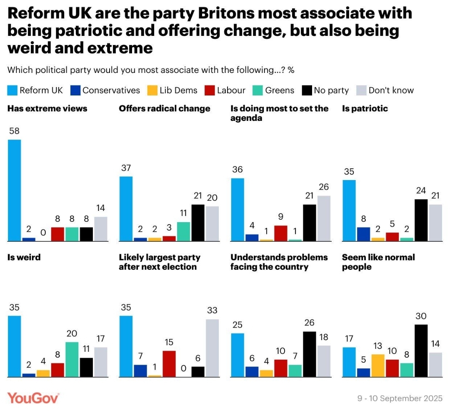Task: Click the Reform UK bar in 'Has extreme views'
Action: pyautogui.click(x=15, y=190)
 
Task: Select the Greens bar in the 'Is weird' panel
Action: pyautogui.click(x=72, y=359)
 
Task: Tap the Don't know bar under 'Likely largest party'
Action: pyautogui.click(x=212, y=348)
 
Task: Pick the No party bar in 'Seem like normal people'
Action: pyautogui.click(x=421, y=351)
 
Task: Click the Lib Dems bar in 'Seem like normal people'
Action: pyautogui.click(x=378, y=366)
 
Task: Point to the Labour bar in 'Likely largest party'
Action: pyautogui.click(x=169, y=363)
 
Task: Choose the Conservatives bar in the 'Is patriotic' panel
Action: pyautogui.click(x=363, y=234)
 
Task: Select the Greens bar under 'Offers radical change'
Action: pyautogui.click(x=183, y=231)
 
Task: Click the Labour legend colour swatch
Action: pyautogui.click(x=210, y=90)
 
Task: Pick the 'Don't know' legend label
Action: pyautogui.click(x=391, y=90)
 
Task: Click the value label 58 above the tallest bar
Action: pyautogui.click(x=14, y=131)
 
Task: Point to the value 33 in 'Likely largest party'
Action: pyautogui.click(x=212, y=311)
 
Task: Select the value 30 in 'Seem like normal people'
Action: pyautogui.click(x=421, y=316)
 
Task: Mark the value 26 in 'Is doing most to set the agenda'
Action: pyautogui.click(x=324, y=187)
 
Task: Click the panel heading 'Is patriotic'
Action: pyautogui.click(x=365, y=108)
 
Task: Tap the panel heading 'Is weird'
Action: pyautogui.click(x=24, y=257)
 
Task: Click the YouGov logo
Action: pyautogui.click(x=33, y=398)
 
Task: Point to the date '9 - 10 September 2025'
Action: pyautogui.click(x=400, y=398)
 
